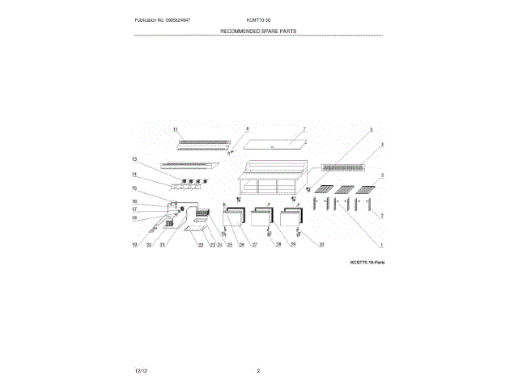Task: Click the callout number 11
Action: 175,130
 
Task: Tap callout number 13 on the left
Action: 134,160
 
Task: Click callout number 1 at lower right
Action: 381,244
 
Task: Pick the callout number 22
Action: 201,244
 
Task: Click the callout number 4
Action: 381,145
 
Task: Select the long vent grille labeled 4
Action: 344,167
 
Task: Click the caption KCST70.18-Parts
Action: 367,263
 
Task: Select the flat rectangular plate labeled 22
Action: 195,230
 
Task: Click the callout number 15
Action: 134,188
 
